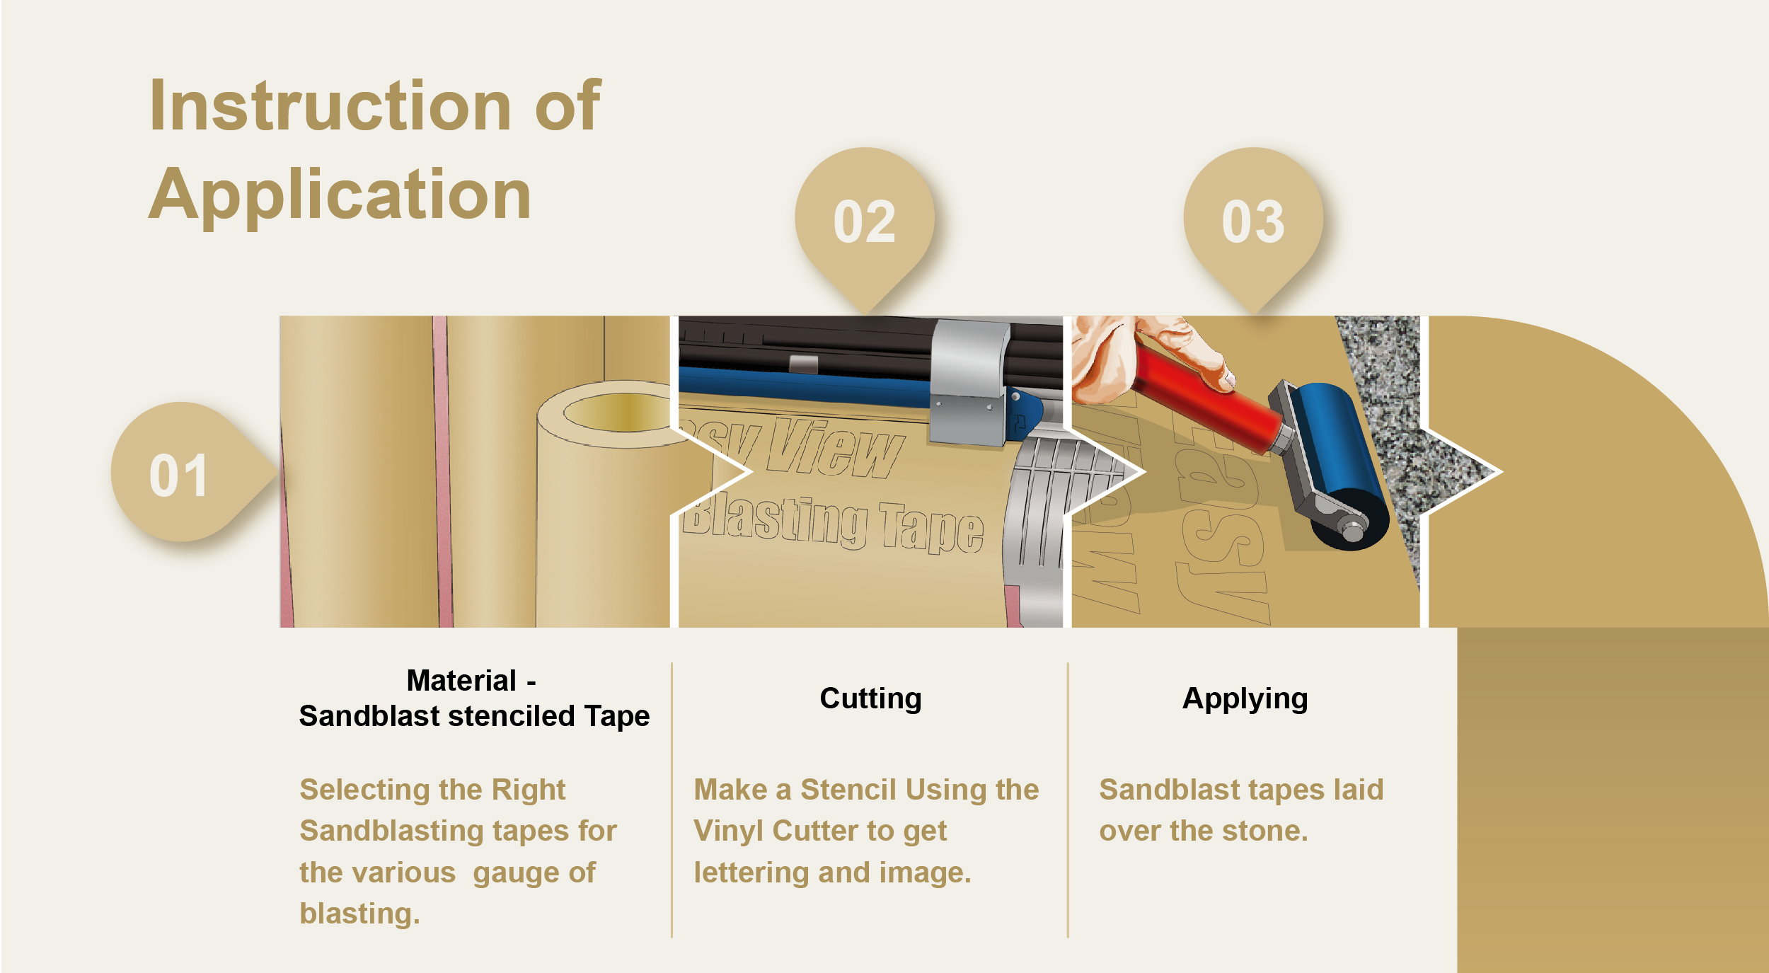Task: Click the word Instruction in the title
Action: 330,106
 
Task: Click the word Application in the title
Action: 340,195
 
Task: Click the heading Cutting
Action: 870,699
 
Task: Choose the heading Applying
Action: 1245,699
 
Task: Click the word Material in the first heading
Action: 461,681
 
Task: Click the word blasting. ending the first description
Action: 359,914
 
